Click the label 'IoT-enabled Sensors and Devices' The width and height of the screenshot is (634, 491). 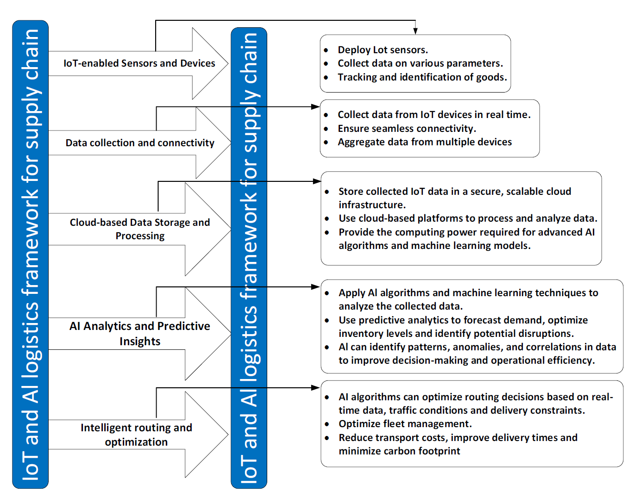click(x=139, y=63)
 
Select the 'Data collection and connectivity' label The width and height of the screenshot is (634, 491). click(x=140, y=143)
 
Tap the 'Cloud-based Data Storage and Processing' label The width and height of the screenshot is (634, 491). click(x=140, y=229)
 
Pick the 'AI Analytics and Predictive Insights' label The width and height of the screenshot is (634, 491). click(x=140, y=334)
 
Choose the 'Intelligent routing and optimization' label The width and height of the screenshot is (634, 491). click(x=136, y=435)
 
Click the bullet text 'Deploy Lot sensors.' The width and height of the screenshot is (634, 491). click(x=383, y=50)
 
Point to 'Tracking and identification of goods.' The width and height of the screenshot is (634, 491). click(x=422, y=77)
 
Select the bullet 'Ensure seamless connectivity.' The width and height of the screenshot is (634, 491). click(x=407, y=129)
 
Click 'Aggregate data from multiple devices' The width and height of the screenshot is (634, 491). click(x=425, y=142)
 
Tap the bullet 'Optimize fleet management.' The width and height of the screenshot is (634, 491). click(x=405, y=423)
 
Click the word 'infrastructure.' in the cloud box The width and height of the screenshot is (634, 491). click(x=372, y=205)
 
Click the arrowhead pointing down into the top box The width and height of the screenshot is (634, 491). click(x=415, y=31)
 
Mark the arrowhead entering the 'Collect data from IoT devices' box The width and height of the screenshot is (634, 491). click(x=316, y=107)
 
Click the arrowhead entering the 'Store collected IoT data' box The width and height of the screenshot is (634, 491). click(x=317, y=181)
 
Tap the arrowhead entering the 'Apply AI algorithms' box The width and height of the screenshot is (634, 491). click(x=316, y=287)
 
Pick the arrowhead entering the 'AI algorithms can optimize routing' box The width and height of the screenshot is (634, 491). click(x=316, y=388)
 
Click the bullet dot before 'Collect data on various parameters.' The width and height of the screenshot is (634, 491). click(x=326, y=63)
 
